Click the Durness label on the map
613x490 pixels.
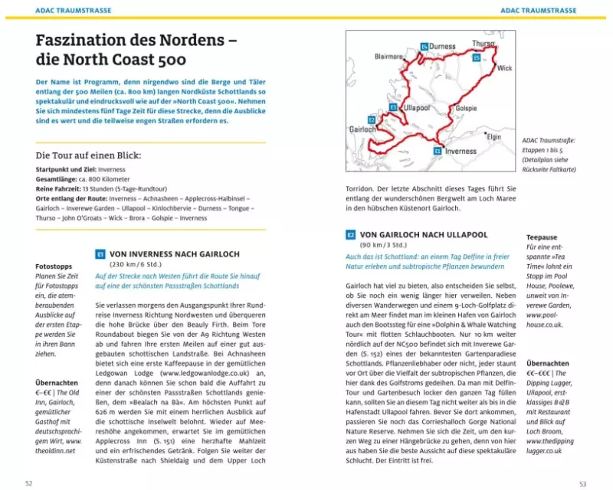tap(443, 46)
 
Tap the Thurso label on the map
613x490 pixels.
tap(484, 44)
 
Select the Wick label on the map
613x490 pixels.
tap(504, 68)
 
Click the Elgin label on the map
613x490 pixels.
tap(493, 136)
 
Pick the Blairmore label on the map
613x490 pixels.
tap(389, 56)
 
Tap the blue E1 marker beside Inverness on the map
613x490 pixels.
tap(437, 151)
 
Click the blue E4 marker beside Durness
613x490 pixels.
tap(424, 47)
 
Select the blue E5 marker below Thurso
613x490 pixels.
tap(477, 57)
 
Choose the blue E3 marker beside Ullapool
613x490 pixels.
tap(393, 107)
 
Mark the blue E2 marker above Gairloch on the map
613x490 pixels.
tap(372, 120)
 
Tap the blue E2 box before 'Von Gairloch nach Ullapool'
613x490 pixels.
tap(350, 234)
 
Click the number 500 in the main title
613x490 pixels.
tap(168, 60)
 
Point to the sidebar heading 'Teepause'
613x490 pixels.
tap(543, 237)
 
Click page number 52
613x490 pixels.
tap(28, 482)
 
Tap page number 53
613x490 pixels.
tap(583, 482)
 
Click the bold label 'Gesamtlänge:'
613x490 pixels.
tap(57, 178)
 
